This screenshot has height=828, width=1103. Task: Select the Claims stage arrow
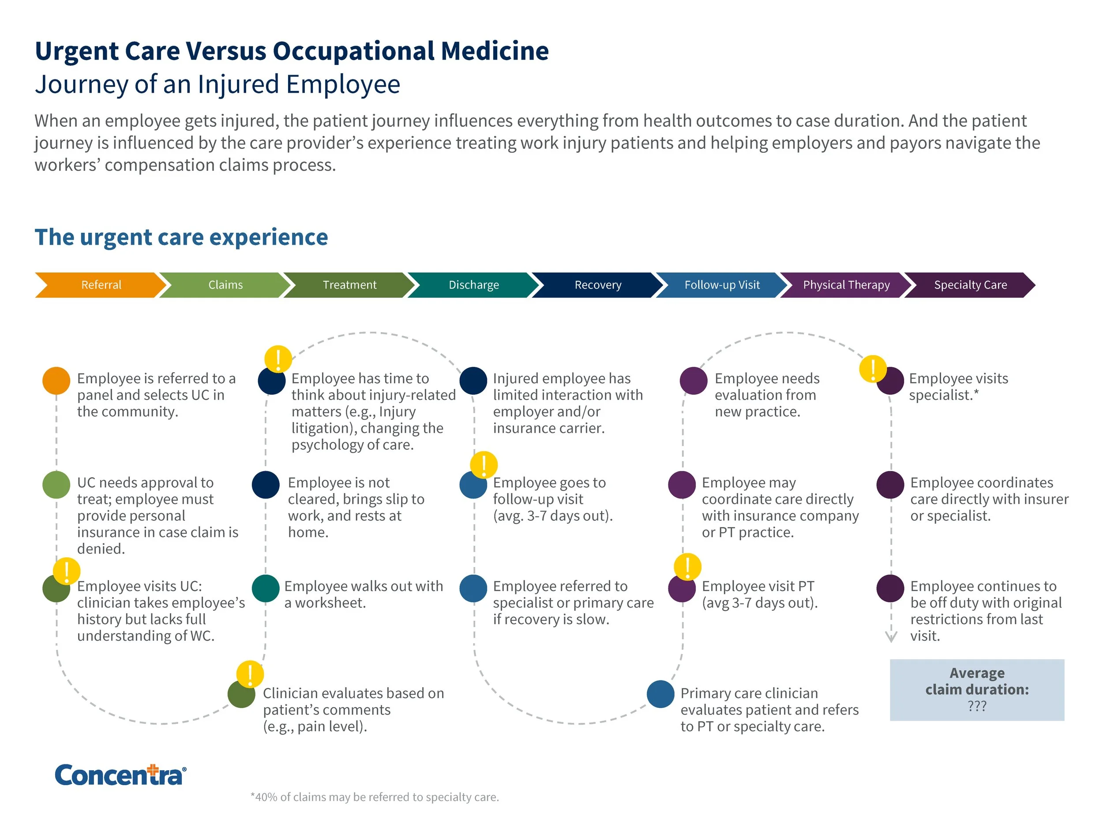pyautogui.click(x=225, y=285)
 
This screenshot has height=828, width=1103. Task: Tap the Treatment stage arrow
pyautogui.click(x=349, y=285)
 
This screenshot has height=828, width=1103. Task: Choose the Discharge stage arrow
pyautogui.click(x=474, y=285)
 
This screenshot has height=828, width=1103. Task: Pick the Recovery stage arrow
pyautogui.click(x=598, y=285)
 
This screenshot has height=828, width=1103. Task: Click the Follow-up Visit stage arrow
pyautogui.click(x=722, y=285)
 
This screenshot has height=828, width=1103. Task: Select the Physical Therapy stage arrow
pyautogui.click(x=846, y=285)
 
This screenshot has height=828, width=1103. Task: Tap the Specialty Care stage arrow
pyautogui.click(x=970, y=285)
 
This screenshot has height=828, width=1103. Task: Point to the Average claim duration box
pyautogui.click(x=977, y=690)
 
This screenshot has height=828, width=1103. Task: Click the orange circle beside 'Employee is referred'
pyautogui.click(x=56, y=381)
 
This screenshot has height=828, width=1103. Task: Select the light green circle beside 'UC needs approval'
pyautogui.click(x=56, y=484)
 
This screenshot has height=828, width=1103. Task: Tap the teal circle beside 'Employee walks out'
pyautogui.click(x=266, y=589)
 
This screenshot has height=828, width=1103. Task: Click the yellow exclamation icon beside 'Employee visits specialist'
pyautogui.click(x=873, y=369)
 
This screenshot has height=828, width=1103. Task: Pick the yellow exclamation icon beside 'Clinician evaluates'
pyautogui.click(x=250, y=674)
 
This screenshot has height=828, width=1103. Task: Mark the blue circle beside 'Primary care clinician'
pyautogui.click(x=661, y=694)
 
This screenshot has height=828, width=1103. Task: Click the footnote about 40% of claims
pyautogui.click(x=375, y=797)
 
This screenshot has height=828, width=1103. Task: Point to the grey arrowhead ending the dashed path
pyautogui.click(x=891, y=637)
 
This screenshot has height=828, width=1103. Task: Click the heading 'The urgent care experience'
pyautogui.click(x=181, y=237)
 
